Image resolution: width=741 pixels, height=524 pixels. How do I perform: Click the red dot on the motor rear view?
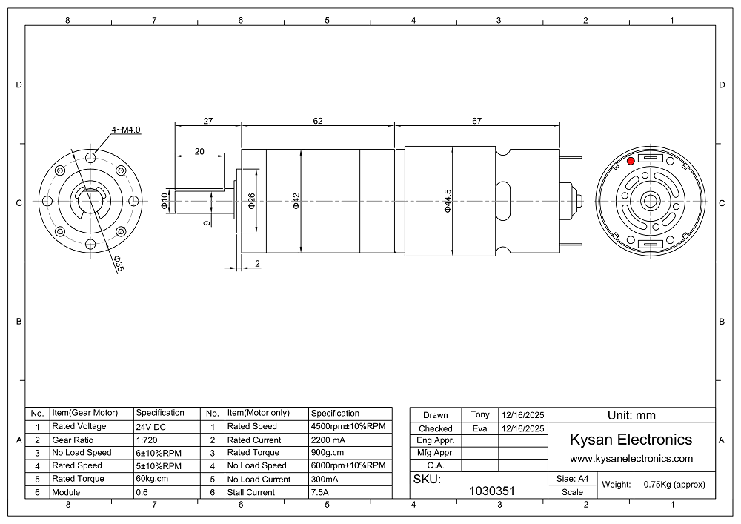[x=631, y=161]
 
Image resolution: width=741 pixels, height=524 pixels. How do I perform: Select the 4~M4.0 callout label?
[x=126, y=130]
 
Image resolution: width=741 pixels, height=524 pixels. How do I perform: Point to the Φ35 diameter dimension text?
[x=119, y=263]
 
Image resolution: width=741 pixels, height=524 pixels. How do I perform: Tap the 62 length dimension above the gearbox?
[x=318, y=121]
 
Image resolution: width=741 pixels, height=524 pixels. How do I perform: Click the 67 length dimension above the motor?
[x=476, y=121]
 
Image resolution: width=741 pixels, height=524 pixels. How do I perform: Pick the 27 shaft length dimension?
[x=208, y=121]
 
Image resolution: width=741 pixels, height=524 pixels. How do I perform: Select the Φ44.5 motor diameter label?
[x=448, y=201]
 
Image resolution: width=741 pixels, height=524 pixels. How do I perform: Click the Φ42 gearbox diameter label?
[x=296, y=201]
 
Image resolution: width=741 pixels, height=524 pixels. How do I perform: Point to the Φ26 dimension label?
[x=251, y=201]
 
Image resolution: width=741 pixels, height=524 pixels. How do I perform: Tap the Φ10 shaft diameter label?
[x=165, y=201]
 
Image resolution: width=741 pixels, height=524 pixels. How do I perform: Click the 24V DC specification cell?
[x=151, y=427]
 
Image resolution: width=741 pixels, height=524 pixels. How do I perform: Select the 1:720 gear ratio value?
[x=147, y=440]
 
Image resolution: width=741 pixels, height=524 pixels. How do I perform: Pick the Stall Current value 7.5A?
[x=319, y=492]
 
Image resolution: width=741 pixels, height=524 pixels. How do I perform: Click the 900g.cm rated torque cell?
[x=328, y=453]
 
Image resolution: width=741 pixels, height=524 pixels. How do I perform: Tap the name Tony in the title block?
[x=479, y=414]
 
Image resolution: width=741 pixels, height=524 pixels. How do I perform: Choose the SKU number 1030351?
[x=491, y=491]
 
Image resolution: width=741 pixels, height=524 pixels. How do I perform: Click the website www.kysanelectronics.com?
[x=631, y=458]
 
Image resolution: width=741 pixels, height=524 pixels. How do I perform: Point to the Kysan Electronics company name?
[x=631, y=440]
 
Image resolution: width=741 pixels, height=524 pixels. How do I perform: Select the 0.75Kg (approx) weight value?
[x=674, y=485]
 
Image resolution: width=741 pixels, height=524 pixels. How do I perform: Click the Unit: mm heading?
[x=631, y=415]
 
